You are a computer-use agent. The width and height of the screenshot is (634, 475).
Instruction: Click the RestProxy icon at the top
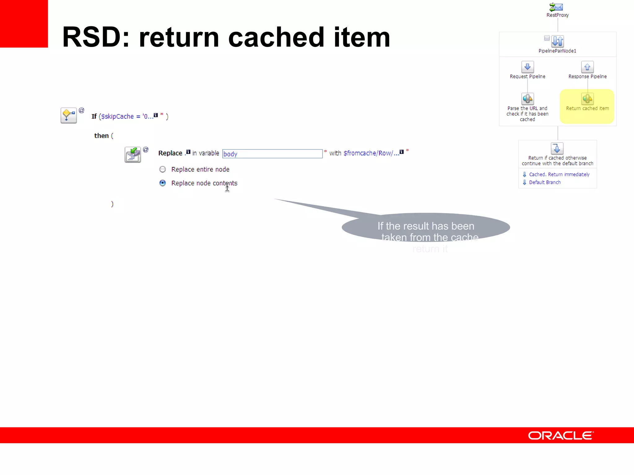pos(557,7)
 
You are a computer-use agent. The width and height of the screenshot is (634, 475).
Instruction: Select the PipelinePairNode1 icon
pos(558,41)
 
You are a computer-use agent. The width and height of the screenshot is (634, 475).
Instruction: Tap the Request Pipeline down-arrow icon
pos(528,67)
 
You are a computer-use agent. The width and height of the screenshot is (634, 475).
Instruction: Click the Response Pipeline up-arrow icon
pos(587,67)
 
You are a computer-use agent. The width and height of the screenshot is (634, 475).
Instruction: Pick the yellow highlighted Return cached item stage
pos(587,106)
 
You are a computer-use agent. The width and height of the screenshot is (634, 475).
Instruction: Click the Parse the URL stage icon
pos(528,99)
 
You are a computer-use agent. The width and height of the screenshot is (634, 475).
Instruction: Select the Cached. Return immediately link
pos(559,174)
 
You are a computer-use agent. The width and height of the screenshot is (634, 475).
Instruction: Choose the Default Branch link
pos(545,182)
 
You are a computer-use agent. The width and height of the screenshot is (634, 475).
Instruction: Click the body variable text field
pos(272,154)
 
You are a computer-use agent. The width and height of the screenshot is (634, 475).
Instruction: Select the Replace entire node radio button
pos(163,169)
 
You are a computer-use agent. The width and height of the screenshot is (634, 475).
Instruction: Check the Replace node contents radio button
pos(163,183)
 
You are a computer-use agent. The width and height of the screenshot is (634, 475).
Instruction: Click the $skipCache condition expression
pos(127,117)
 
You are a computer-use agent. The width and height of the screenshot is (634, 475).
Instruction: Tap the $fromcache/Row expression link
pos(371,153)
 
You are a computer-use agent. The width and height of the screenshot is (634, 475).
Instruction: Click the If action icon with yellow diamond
pos(68,116)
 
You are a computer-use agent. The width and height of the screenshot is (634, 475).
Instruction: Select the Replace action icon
pos(133,155)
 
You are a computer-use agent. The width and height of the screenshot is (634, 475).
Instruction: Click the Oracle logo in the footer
pos(561,435)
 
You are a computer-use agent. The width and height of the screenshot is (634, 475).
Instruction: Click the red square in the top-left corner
pos(24,24)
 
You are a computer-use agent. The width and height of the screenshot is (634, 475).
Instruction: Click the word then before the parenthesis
pos(101,136)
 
